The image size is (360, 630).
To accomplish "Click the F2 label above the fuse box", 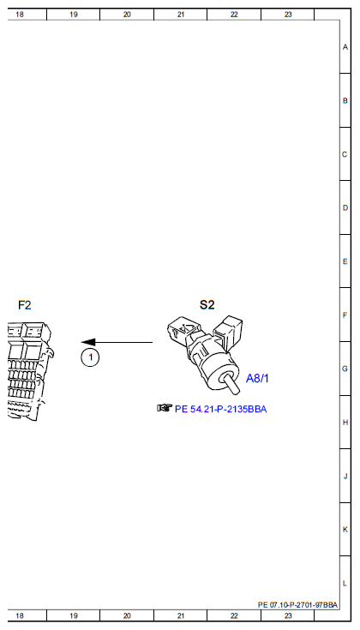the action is point(25,305).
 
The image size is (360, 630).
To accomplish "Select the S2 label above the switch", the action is point(207,305).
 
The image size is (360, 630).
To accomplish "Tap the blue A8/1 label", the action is point(257,379).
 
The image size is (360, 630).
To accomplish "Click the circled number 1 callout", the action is point(90,357).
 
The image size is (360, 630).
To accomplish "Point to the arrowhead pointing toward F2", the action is point(88,342).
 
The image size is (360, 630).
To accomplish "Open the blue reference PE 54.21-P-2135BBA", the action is point(220,410).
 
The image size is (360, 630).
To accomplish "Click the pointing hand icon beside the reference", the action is point(165,408).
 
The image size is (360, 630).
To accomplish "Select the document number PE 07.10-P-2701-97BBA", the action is point(297,605).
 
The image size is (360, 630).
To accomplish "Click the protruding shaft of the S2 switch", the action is point(231,385).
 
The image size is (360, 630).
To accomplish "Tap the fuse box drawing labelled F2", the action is point(31,370).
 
